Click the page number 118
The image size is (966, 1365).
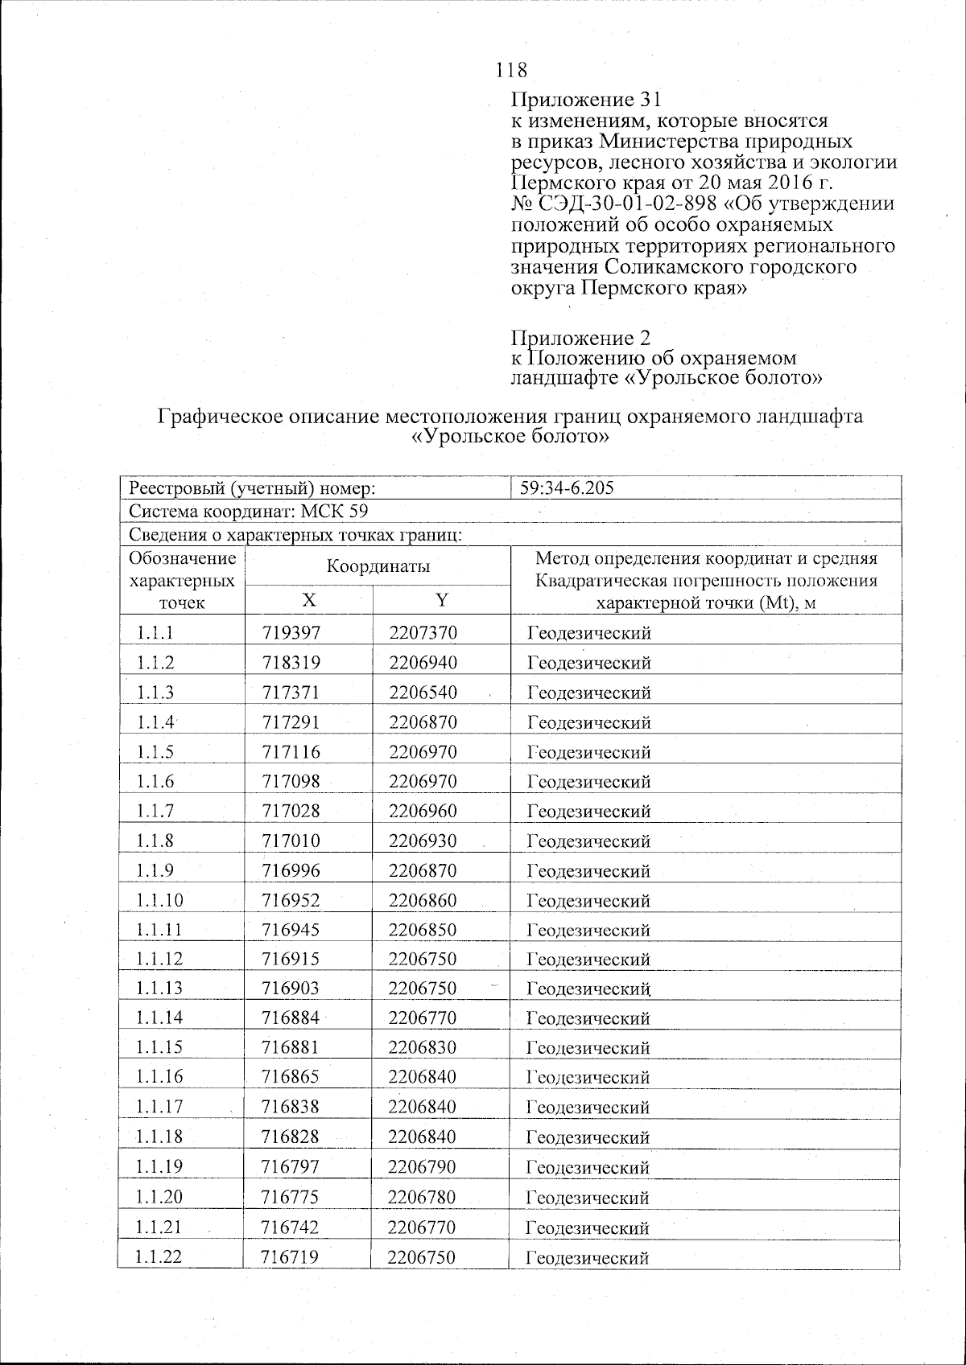click(512, 70)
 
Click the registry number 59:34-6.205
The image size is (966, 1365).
click(568, 487)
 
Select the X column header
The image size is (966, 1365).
click(309, 599)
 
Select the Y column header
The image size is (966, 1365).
click(441, 599)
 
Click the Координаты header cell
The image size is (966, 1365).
click(378, 566)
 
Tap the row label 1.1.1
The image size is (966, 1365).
click(155, 633)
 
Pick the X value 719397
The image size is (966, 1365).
click(291, 633)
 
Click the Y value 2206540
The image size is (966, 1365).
click(423, 693)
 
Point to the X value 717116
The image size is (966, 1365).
click(291, 752)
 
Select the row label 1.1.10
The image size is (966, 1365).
click(159, 900)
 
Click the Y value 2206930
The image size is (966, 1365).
click(423, 841)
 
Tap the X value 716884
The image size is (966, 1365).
click(291, 1018)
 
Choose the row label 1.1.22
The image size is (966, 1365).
click(159, 1257)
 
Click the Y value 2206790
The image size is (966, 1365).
click(422, 1167)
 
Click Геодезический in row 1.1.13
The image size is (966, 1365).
click(588, 989)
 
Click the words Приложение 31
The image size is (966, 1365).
click(587, 100)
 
